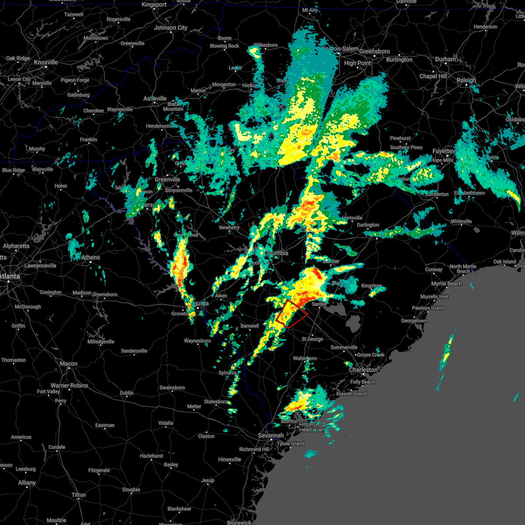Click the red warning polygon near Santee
(x=292, y=314)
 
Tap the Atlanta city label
(x=9, y=276)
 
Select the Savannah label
(x=270, y=435)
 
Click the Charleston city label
(x=363, y=370)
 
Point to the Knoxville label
(x=46, y=63)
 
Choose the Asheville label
(x=155, y=98)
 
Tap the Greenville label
(x=167, y=179)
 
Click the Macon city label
(x=68, y=364)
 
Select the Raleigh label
(x=466, y=80)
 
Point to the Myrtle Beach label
(x=446, y=283)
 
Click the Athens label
(x=91, y=258)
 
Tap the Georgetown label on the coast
(x=414, y=321)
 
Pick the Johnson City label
(x=171, y=28)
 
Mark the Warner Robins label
(x=69, y=385)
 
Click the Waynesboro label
(x=197, y=341)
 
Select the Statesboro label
(x=216, y=402)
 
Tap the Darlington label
(x=368, y=225)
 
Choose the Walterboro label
(x=305, y=358)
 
